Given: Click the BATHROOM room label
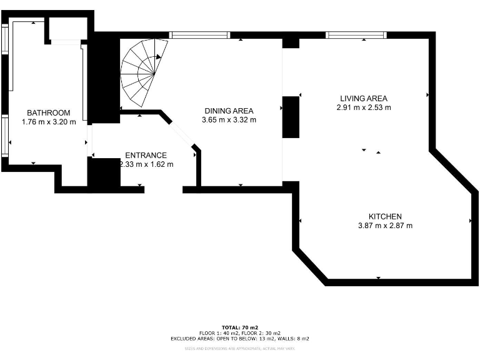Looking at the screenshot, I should pyautogui.click(x=49, y=113).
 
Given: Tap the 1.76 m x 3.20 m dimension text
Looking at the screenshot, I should pyautogui.click(x=49, y=122).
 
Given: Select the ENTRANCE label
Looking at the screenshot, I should pyautogui.click(x=146, y=156).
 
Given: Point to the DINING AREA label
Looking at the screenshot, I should pyautogui.click(x=229, y=111).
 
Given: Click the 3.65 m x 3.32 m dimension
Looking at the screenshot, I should pyautogui.click(x=229, y=119).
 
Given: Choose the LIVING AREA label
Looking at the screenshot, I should pyautogui.click(x=364, y=98).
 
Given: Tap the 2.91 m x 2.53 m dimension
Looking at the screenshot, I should pyautogui.click(x=364, y=107).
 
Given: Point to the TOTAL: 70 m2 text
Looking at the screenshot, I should pyautogui.click(x=239, y=327).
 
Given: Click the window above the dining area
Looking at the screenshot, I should pyautogui.click(x=200, y=35).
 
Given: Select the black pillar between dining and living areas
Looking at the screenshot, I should pyautogui.click(x=291, y=117).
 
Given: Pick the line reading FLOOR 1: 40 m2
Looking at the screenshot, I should pyautogui.click(x=239, y=333).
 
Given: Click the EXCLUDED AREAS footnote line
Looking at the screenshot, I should pyautogui.click(x=239, y=339).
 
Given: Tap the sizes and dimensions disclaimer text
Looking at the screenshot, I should pyautogui.click(x=239, y=349).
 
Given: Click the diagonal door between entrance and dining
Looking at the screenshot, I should pyautogui.click(x=181, y=132).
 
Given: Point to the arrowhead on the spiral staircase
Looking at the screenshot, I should pyautogui.click(x=158, y=56).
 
